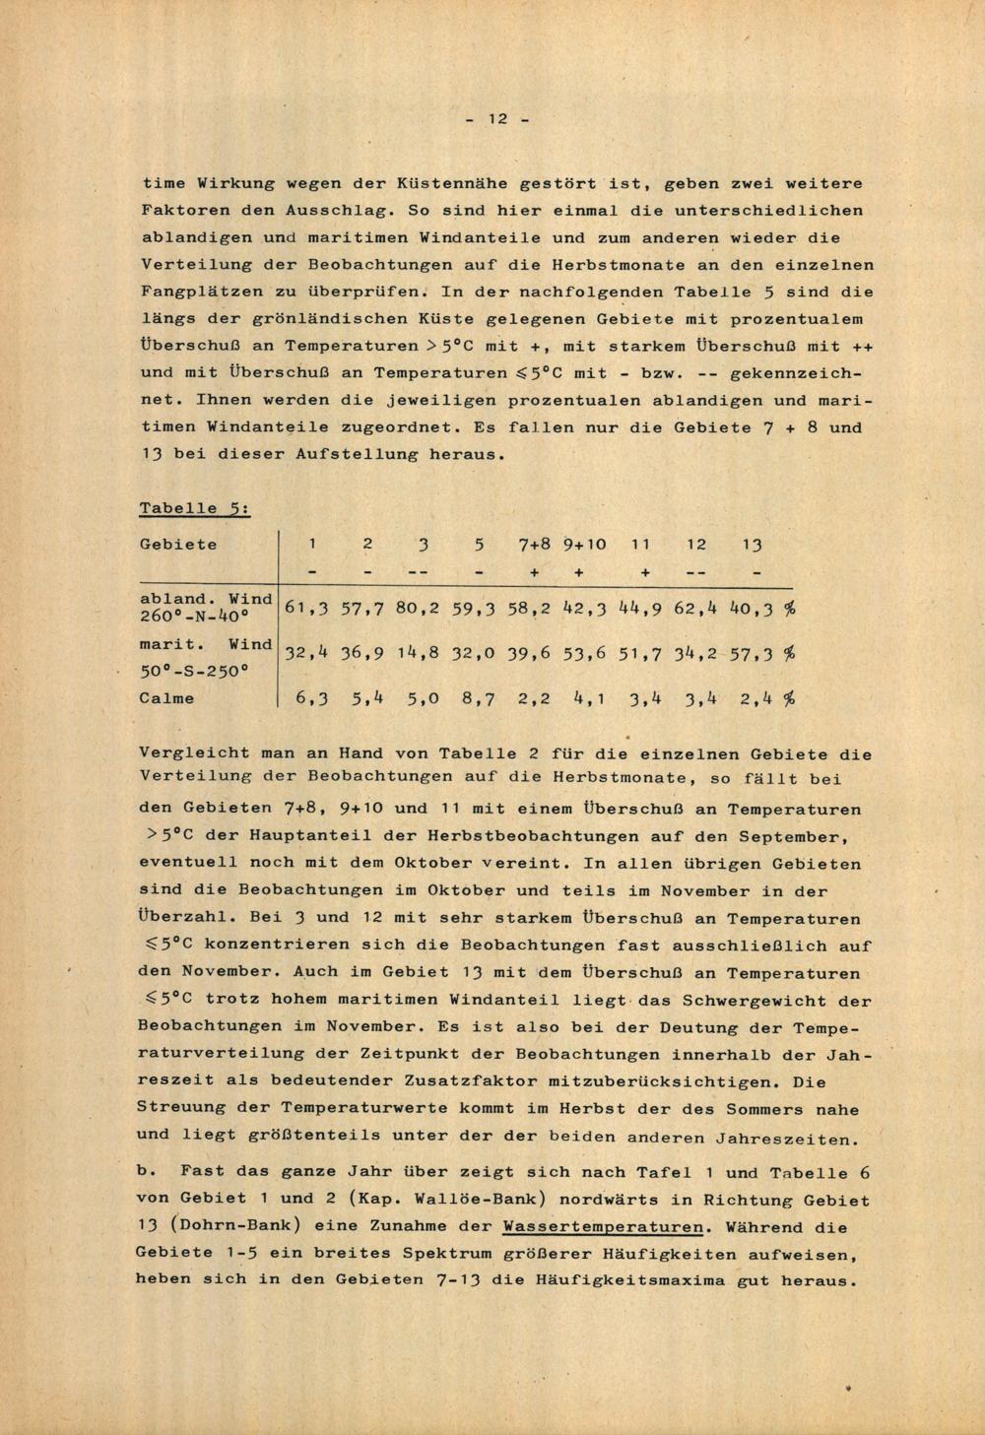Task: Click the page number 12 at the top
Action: pos(496,119)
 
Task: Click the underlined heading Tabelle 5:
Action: pos(193,508)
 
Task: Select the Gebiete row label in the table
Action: pos(178,545)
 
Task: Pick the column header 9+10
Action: pos(585,545)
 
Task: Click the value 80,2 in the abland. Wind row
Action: pos(418,608)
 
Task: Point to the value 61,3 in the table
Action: pos(305,608)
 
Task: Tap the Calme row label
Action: pos(166,698)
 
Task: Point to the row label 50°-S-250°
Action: pos(193,672)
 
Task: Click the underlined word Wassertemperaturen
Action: pos(603,1227)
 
